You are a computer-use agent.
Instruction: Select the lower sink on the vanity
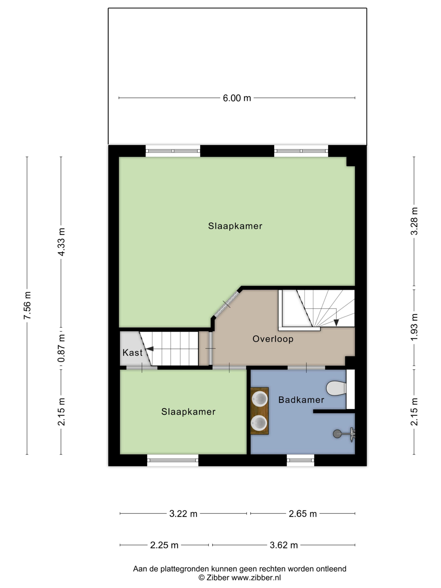tap(259, 423)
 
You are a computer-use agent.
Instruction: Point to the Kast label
tap(132, 353)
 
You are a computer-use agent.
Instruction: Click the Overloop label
tap(273, 339)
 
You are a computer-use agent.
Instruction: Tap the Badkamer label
tap(301, 400)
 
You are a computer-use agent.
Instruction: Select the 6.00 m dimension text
tap(237, 98)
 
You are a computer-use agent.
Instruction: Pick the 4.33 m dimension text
tap(61, 242)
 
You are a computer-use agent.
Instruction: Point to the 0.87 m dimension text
tap(61, 348)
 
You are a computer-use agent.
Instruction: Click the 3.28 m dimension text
tap(414, 221)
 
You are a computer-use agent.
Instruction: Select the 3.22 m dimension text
tap(183, 514)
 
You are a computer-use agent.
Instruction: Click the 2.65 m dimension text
tap(302, 514)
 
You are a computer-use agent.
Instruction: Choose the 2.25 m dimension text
tap(164, 545)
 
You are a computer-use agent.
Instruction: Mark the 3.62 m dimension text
tap(284, 545)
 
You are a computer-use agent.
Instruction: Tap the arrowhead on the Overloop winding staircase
tap(336, 322)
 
